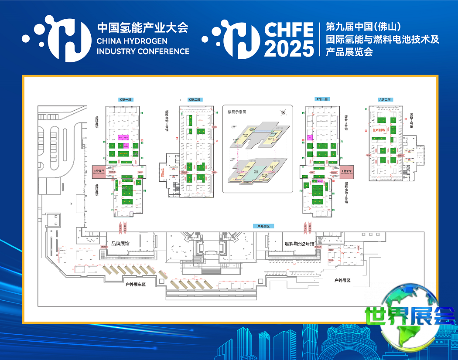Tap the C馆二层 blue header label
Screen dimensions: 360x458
pyautogui.click(x=194, y=100)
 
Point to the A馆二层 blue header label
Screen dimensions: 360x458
pyautogui.click(x=385, y=99)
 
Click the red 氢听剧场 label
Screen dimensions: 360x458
pyautogui.click(x=378, y=129)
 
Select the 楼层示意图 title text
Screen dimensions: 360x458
pyautogui.click(x=237, y=112)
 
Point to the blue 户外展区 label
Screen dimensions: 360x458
pyautogui.click(x=263, y=226)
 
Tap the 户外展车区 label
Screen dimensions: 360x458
pyautogui.click(x=136, y=284)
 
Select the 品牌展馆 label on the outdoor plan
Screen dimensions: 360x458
pyautogui.click(x=120, y=244)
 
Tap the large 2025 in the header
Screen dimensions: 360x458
pyautogui.click(x=289, y=48)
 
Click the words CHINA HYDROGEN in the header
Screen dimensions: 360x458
pyautogui.click(x=132, y=41)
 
